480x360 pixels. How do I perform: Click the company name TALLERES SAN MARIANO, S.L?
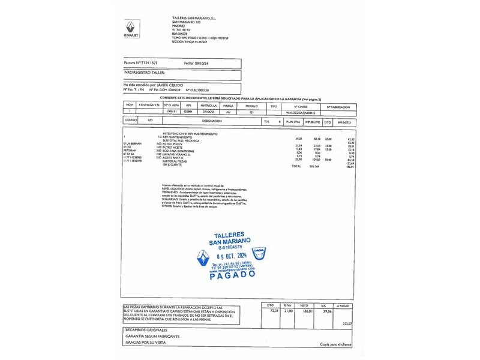click(190, 19)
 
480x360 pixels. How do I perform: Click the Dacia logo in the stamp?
click(258, 254)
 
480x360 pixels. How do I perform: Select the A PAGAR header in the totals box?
click(343, 305)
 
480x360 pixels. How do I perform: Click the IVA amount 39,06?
click(328, 311)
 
